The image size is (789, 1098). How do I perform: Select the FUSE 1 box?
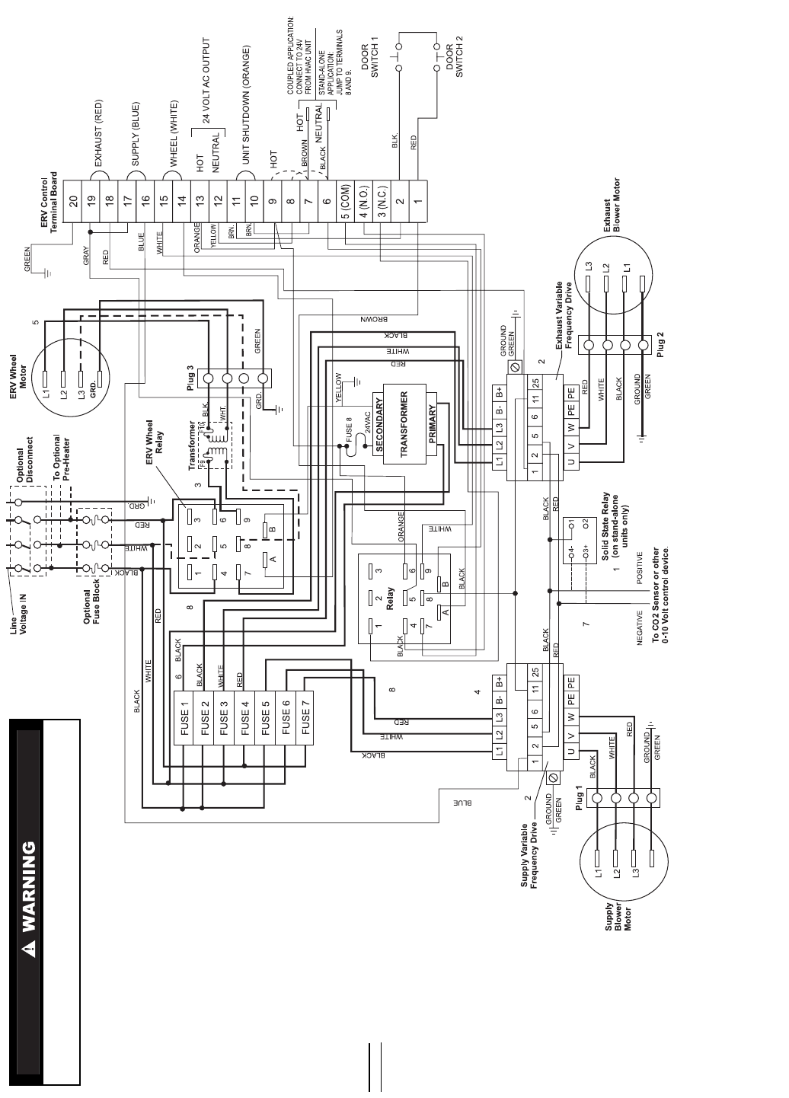(x=184, y=718)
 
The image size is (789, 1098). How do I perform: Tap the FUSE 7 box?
(x=306, y=718)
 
